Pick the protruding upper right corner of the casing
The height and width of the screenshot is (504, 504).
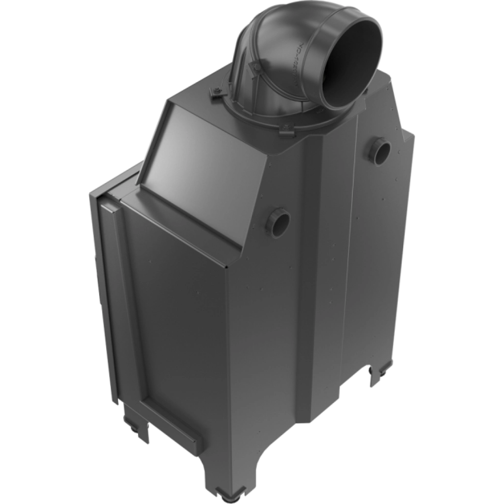pyautogui.click(x=409, y=135)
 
